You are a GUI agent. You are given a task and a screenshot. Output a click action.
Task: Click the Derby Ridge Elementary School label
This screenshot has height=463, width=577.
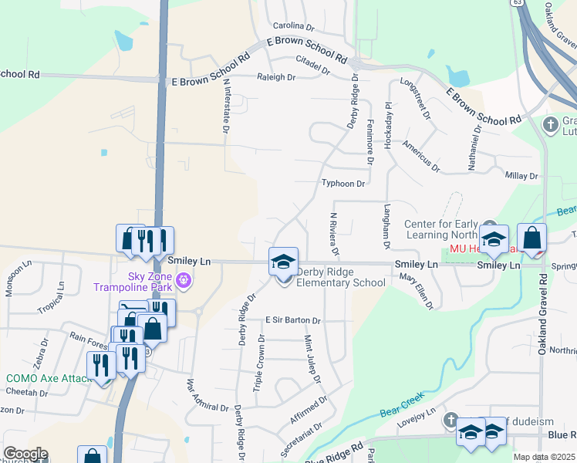pos(341,277)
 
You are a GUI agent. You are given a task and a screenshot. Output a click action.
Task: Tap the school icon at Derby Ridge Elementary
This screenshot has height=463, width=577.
pos(283,261)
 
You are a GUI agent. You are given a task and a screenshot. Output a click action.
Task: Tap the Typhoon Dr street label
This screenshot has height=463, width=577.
pos(343,184)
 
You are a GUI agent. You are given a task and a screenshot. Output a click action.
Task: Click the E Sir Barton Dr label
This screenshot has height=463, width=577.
pos(292,319)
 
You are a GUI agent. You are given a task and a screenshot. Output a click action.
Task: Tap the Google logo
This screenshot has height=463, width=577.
pos(25,454)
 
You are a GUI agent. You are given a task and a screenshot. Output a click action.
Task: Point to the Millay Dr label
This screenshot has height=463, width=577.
pos(521,176)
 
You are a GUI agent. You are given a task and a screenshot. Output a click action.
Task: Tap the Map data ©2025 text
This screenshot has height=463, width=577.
pos(545,457)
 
